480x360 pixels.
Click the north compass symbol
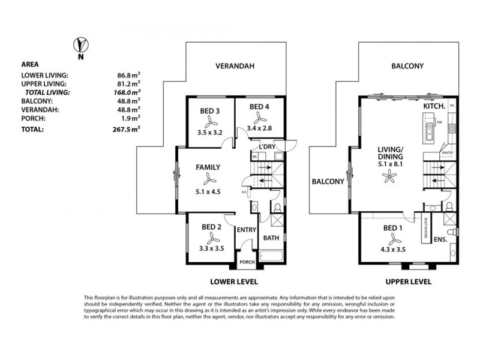point(80,45)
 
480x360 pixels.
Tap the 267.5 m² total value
point(127,127)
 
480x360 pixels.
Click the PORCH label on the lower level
point(247,262)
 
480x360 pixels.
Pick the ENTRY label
point(247,230)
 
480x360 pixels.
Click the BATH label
point(272,238)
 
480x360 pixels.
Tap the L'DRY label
point(267,147)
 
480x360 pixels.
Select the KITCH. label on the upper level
point(434,106)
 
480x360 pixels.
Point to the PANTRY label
point(447,153)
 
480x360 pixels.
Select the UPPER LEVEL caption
point(408,280)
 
